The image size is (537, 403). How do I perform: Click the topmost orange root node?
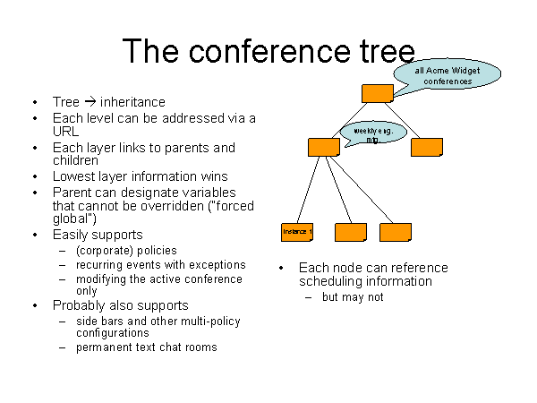pyautogui.click(x=377, y=93)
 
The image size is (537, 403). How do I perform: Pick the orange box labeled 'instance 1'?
pyautogui.click(x=297, y=232)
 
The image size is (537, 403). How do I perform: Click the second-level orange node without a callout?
pyautogui.click(x=426, y=147)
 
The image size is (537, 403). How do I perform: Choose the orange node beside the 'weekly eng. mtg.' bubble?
pyautogui.click(x=322, y=148)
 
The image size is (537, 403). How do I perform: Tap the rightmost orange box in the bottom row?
pyautogui.click(x=395, y=232)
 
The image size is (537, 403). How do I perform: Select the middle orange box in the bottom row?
pyautogui.click(x=350, y=232)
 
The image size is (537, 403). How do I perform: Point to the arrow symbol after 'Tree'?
pyautogui.click(x=90, y=102)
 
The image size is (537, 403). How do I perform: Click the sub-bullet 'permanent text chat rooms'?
pyautogui.click(x=147, y=347)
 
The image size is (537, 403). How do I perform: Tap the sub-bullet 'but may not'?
pyautogui.click(x=353, y=297)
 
